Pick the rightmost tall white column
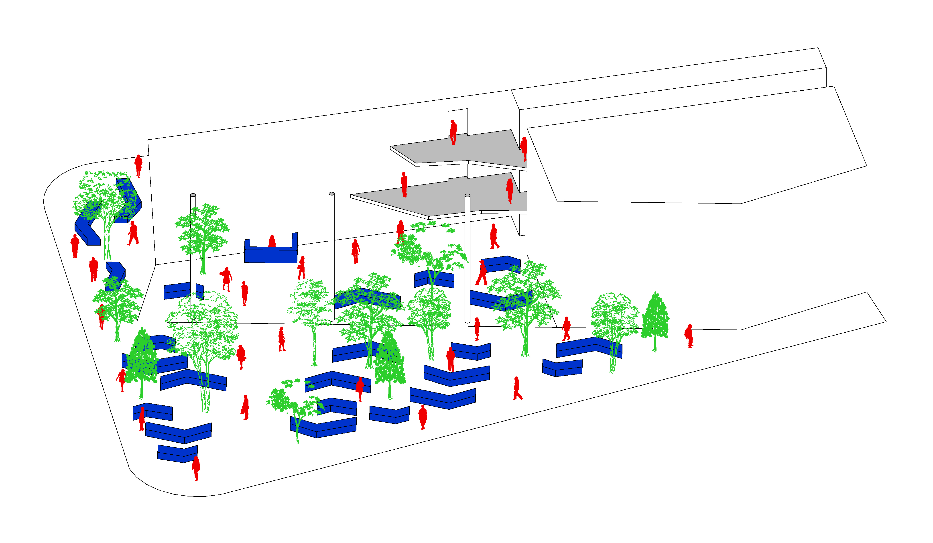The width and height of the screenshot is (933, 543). click(x=467, y=259)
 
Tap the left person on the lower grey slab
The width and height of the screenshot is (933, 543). click(x=404, y=184)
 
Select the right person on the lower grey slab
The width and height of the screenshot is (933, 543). click(x=510, y=190)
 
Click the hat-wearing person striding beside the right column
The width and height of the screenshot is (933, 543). click(x=482, y=273)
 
